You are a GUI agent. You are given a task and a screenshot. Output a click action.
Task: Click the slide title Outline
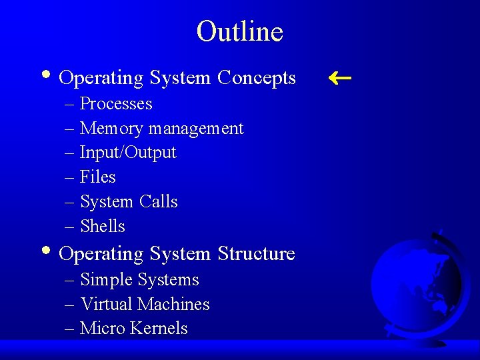tap(240, 31)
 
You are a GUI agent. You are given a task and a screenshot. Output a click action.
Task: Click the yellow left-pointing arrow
tap(340, 78)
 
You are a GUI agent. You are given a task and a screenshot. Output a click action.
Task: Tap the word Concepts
tap(257, 78)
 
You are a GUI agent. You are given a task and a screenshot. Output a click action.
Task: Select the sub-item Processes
tap(116, 104)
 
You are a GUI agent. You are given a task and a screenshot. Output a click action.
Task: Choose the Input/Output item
tap(128, 153)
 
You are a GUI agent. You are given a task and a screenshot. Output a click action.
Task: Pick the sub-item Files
tap(98, 177)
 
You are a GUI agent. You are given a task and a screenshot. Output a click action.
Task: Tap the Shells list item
tap(103, 226)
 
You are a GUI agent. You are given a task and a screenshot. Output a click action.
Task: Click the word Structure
tap(256, 254)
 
